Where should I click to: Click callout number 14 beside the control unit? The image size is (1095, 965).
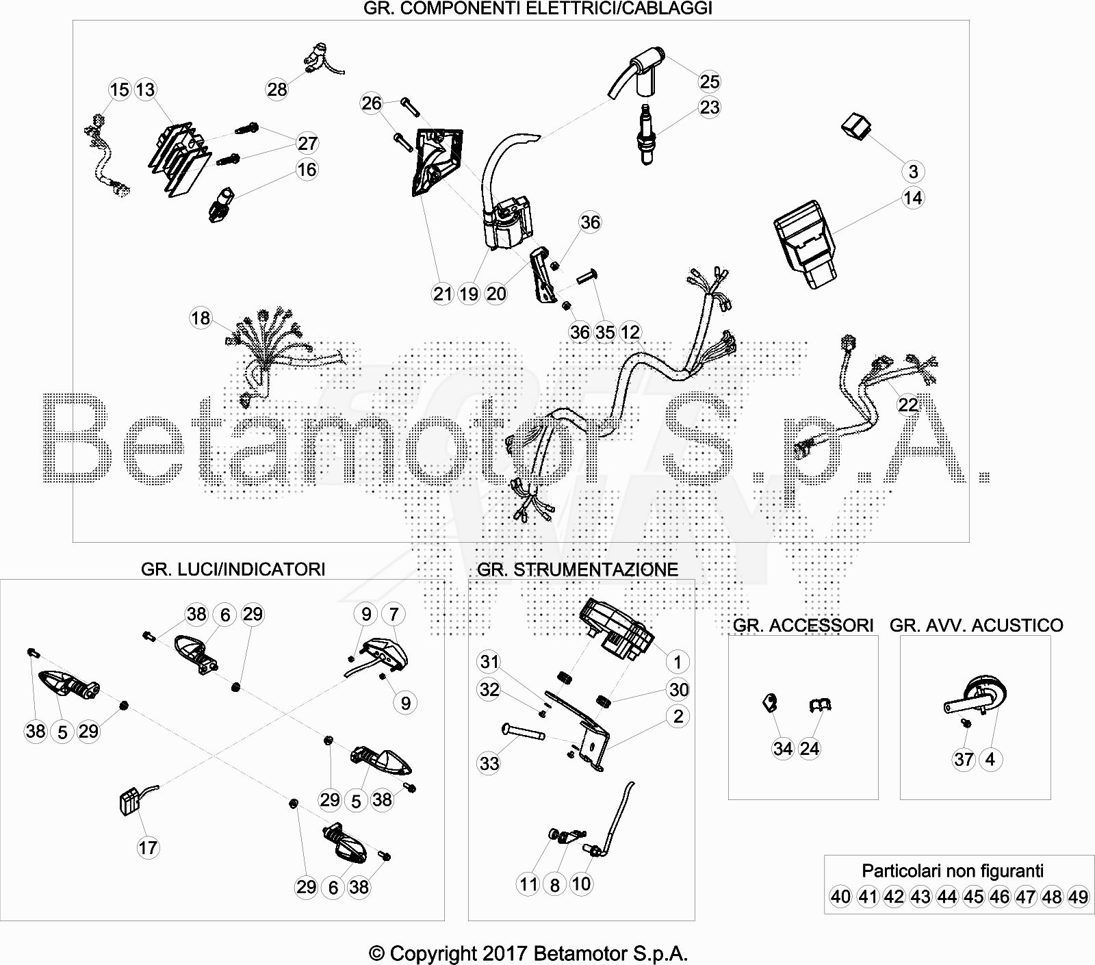pos(913,198)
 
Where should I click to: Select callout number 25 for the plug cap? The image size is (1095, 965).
pos(710,81)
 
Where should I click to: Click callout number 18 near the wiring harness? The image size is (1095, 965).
pos(201,318)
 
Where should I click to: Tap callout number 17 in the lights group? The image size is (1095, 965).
pos(148,848)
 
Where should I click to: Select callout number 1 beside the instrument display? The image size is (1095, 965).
pos(678,662)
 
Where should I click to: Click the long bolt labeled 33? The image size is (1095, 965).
pos(524,731)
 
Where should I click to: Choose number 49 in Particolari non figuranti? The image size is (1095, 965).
pos(1078,897)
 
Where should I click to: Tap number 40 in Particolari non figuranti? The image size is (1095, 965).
pos(841,897)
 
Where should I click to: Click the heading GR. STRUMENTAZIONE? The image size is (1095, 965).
pos(578,569)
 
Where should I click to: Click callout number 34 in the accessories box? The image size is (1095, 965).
pos(783,749)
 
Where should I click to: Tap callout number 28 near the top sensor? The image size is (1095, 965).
pos(277,89)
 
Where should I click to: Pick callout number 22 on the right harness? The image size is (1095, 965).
pos(908,405)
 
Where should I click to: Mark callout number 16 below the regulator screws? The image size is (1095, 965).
pos(307,169)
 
